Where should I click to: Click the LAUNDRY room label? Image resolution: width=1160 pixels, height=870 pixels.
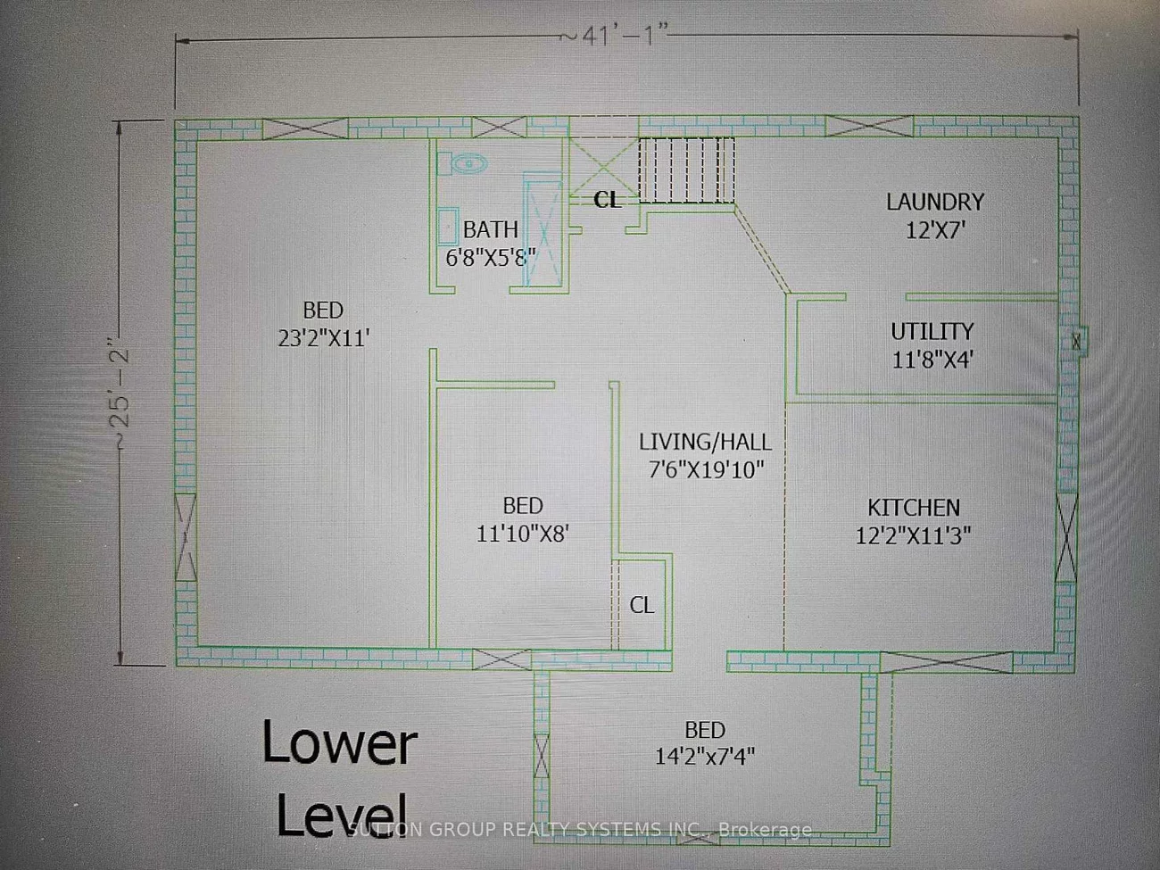934,202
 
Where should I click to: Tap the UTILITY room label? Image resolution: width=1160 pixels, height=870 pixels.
932,331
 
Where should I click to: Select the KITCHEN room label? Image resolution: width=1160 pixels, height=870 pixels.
914,507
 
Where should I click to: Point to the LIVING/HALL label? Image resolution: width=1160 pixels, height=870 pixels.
705,441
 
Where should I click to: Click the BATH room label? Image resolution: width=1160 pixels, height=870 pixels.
490,230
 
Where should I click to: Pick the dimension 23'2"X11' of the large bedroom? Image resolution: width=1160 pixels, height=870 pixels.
323,338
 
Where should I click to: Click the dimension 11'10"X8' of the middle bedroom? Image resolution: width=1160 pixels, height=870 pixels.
522,534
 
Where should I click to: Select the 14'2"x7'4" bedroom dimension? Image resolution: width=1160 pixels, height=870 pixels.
705,757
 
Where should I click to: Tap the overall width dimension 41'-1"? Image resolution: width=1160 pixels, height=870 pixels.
613,35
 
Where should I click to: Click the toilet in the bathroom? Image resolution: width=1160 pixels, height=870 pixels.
468,163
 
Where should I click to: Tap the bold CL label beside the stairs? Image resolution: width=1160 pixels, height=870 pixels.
607,201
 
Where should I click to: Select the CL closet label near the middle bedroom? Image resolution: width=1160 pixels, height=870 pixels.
642,605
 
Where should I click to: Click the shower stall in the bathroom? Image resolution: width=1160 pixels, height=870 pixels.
542,232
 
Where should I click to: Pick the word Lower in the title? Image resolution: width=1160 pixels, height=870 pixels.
339,745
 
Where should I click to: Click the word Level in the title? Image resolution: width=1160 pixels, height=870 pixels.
339,814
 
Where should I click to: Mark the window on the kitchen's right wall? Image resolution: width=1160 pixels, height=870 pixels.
1066,536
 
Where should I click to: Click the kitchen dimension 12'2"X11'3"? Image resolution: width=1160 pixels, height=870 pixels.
914,535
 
